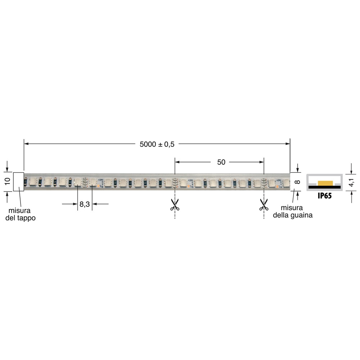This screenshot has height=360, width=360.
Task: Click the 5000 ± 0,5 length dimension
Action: (x=157, y=144)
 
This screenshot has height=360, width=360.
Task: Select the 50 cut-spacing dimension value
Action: (x=221, y=162)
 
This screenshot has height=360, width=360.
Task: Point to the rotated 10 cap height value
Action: (x=7, y=181)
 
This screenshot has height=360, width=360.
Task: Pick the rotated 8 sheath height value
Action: (x=297, y=182)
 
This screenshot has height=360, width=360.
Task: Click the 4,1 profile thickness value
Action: (x=352, y=183)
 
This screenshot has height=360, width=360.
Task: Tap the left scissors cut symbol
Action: (x=175, y=205)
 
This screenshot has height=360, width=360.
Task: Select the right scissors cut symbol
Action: (x=264, y=205)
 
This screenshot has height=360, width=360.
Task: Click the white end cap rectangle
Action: (x=19, y=181)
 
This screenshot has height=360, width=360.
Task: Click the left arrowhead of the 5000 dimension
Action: (x=26, y=144)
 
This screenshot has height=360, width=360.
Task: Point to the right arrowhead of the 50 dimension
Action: (x=262, y=162)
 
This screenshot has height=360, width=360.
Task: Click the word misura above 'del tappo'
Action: (x=20, y=211)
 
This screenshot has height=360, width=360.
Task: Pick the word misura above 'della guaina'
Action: (x=292, y=208)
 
